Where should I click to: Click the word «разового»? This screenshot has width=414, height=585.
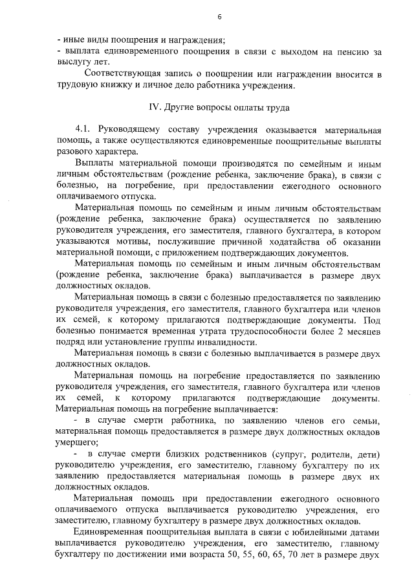click(x=74, y=153)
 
